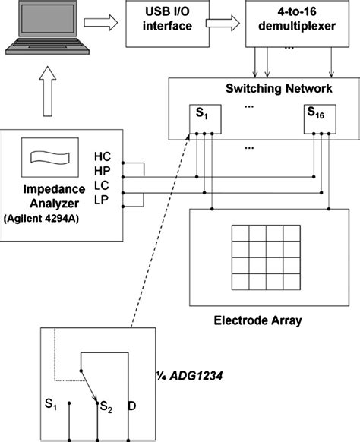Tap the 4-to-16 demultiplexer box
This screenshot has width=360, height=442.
coord(289,22)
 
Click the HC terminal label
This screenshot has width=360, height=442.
coord(102,156)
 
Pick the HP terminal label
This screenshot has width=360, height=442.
coord(102,172)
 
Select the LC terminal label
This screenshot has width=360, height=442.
coord(102,187)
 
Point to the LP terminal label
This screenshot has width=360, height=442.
coord(102,201)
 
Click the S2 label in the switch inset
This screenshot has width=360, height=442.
coord(106,408)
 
